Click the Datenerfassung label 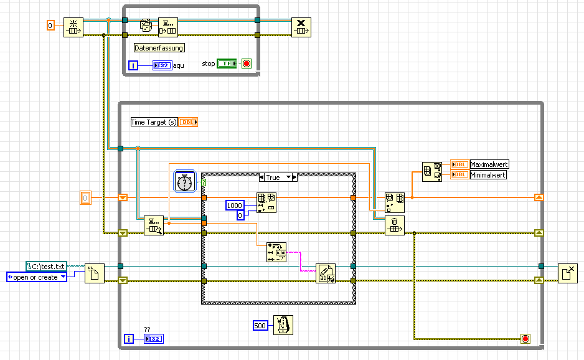(159, 47)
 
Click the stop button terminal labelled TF (226, 64)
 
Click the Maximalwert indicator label (489, 164)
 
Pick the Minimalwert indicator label (488, 175)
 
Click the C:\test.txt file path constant (46, 267)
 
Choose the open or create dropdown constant (36, 277)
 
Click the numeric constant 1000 (235, 206)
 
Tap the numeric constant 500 (261, 325)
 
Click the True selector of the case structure (273, 178)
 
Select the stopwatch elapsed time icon (185, 181)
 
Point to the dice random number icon (146, 26)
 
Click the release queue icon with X (301, 27)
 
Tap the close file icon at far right (567, 273)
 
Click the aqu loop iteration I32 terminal (161, 65)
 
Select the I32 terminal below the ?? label (152, 339)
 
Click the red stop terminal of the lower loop (525, 339)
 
